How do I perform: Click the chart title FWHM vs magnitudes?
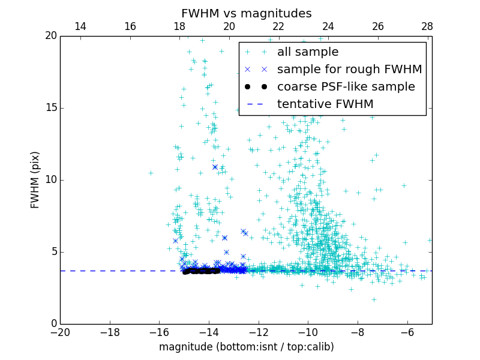(x=246, y=13)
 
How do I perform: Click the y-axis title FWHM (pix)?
(x=35, y=180)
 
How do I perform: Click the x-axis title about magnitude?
(x=246, y=347)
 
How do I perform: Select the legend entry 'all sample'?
(x=307, y=52)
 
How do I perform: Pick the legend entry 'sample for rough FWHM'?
(x=349, y=70)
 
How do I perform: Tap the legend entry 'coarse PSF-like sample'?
(x=346, y=87)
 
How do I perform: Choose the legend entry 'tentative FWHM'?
(x=325, y=104)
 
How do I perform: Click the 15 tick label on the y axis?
(x=50, y=108)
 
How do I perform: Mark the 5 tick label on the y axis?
(x=53, y=252)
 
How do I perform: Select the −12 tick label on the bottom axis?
(x=258, y=332)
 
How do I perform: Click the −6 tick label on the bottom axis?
(x=407, y=332)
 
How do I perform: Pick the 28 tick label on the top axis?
(x=427, y=26)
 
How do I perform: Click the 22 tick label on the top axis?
(x=278, y=26)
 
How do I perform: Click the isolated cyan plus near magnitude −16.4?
(x=151, y=173)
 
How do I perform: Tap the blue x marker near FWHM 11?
(x=215, y=167)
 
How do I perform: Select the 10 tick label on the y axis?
(x=50, y=180)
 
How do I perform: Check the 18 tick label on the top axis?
(x=179, y=26)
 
